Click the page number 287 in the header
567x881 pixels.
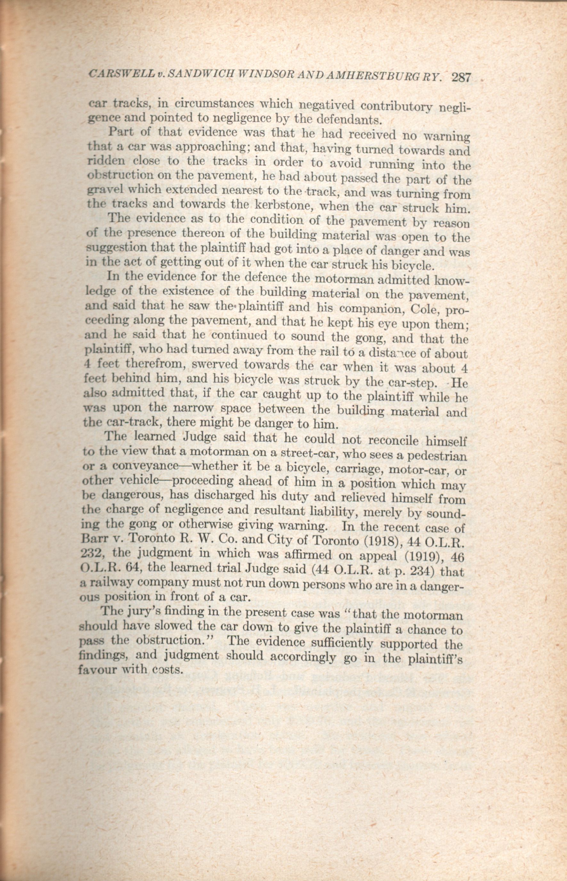(461, 78)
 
